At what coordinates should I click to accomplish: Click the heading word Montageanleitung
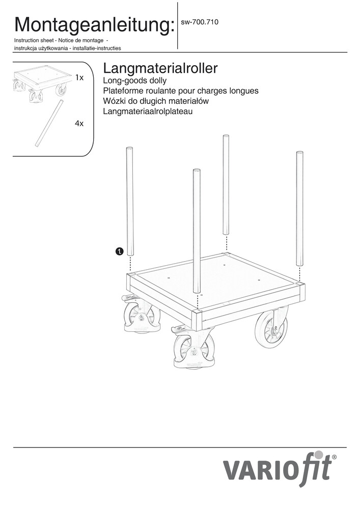tap(93, 25)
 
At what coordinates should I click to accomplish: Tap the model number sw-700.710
tap(199, 22)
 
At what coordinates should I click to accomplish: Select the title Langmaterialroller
tap(160, 69)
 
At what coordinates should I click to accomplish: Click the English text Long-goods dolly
tap(134, 80)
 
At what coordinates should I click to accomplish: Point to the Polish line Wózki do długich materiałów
tap(155, 101)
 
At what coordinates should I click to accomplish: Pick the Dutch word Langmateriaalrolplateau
tap(148, 111)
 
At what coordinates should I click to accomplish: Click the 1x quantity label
tap(79, 77)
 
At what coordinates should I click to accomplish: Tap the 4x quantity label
tap(79, 124)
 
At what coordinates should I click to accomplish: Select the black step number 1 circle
tap(120, 251)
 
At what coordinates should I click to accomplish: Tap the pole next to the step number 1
tap(129, 201)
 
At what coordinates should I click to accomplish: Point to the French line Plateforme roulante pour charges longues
tap(180, 91)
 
